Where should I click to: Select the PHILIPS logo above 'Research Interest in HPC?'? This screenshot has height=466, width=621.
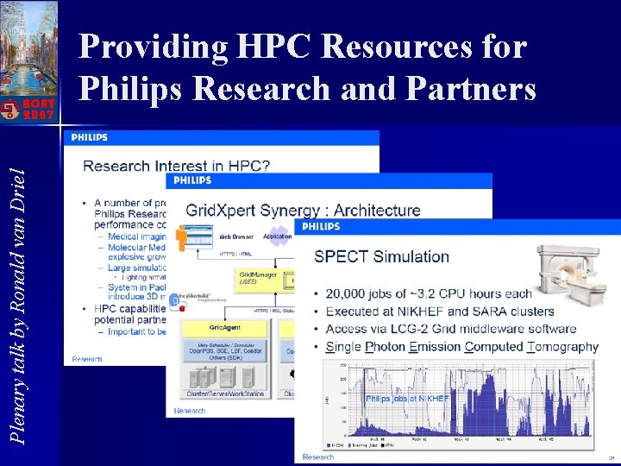90,137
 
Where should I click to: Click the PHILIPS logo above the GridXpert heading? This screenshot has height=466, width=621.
192,180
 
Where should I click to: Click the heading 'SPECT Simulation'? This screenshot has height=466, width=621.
381,256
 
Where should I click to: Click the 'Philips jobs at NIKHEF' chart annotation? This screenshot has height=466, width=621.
407,399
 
